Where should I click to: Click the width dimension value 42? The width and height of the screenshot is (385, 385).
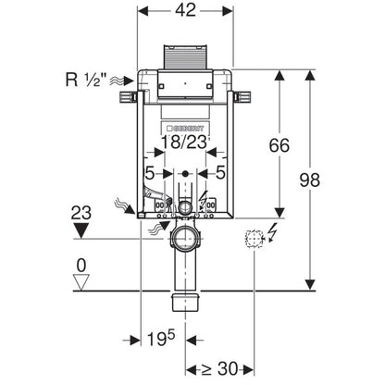[x=185, y=10]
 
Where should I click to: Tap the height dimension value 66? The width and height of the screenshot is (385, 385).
[x=279, y=145]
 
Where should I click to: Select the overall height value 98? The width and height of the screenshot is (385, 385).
[x=310, y=180]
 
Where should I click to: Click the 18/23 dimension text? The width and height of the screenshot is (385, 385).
[x=184, y=143]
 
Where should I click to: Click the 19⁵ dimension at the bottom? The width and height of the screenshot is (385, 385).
[x=161, y=338]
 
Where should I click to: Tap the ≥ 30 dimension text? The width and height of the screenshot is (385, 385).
[x=219, y=368]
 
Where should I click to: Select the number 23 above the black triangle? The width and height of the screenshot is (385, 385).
[x=81, y=213]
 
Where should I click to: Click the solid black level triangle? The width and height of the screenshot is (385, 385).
[x=81, y=230]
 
